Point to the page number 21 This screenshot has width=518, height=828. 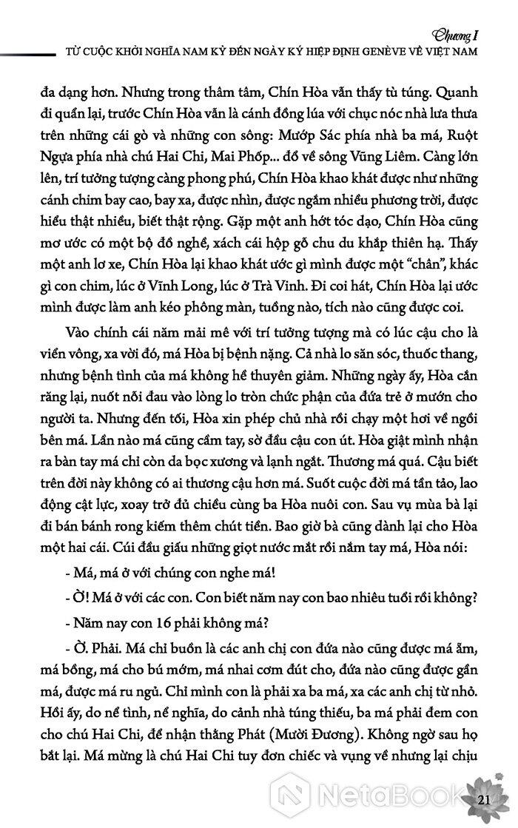[485, 801]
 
